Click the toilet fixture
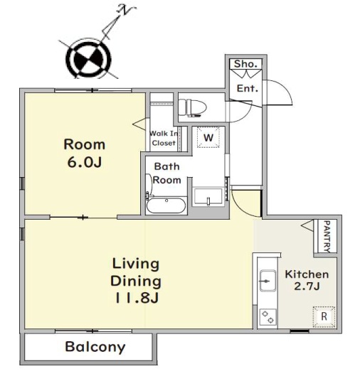click(x=192, y=108)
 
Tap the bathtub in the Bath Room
click(x=166, y=205)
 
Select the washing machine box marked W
click(x=208, y=137)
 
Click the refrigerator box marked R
click(x=324, y=316)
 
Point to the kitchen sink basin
click(x=268, y=281)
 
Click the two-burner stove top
click(x=268, y=317)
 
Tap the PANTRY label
click(x=327, y=236)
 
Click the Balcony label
click(x=95, y=347)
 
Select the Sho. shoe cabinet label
click(x=245, y=64)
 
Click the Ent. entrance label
click(x=248, y=88)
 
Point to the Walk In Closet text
click(x=164, y=138)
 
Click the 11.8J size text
click(x=137, y=298)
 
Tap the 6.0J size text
click(x=85, y=162)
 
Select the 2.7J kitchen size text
click(x=307, y=286)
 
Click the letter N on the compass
click(x=126, y=11)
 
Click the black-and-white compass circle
click(x=88, y=59)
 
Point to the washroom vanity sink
click(x=208, y=197)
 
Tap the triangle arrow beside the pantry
click(x=307, y=225)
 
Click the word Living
click(x=136, y=264)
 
